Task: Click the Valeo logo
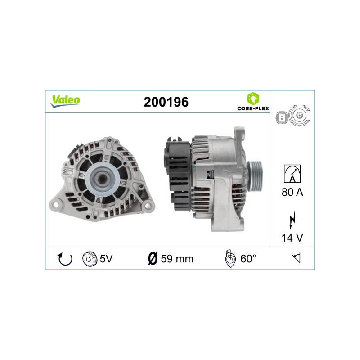click(x=65, y=101)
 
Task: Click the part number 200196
click(x=166, y=102)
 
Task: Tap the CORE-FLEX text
click(x=253, y=108)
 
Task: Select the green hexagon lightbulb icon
click(x=253, y=99)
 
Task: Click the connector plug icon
click(x=281, y=118)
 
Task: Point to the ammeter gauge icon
click(x=292, y=174)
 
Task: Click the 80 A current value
click(x=292, y=192)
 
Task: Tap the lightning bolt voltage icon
click(x=292, y=219)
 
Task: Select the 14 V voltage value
click(x=292, y=238)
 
